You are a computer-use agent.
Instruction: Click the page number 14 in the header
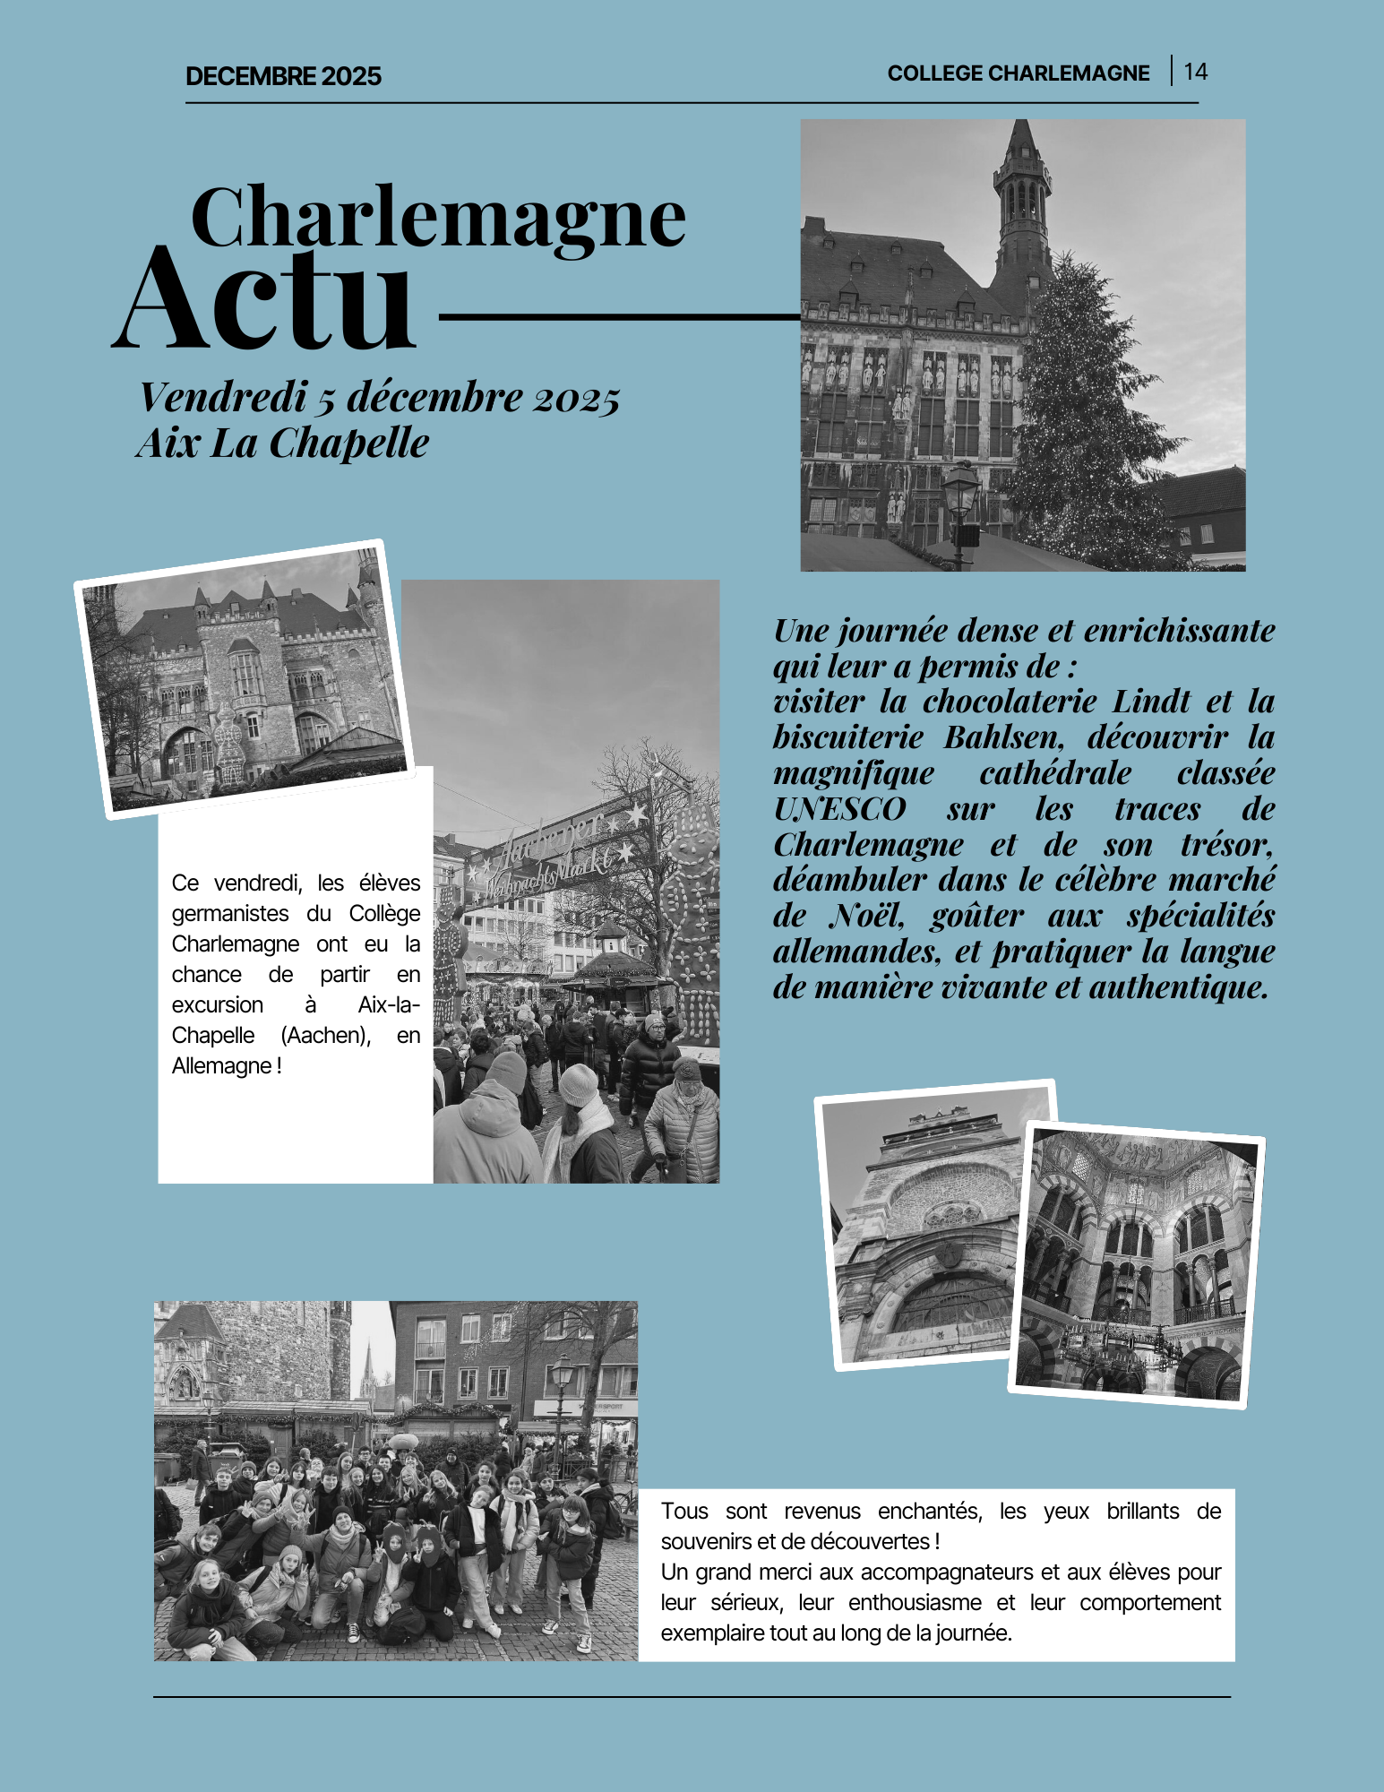point(1195,72)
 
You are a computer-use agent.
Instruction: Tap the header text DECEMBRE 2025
point(283,76)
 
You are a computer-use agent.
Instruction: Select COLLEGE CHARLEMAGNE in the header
point(1018,73)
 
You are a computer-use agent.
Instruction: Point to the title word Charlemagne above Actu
point(438,218)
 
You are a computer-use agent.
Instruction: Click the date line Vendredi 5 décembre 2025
point(379,397)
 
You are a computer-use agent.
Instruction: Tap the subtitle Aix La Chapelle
point(282,443)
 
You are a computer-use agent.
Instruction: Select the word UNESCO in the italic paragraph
point(839,809)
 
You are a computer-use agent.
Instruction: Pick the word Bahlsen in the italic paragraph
point(1003,737)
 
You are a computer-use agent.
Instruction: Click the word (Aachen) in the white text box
point(325,1036)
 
